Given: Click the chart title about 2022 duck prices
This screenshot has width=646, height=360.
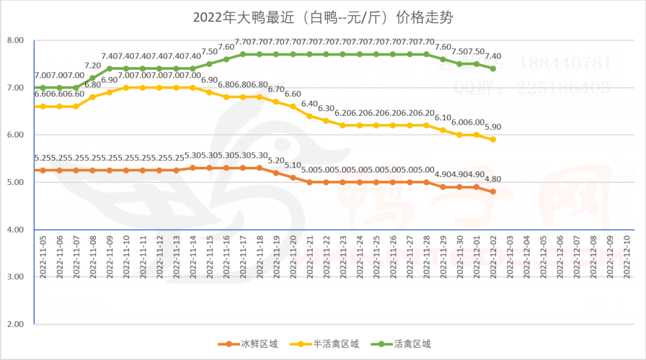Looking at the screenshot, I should (322, 16).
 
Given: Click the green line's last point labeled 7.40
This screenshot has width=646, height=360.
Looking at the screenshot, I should (494, 69).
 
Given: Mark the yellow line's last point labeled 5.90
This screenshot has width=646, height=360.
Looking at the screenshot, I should (494, 139).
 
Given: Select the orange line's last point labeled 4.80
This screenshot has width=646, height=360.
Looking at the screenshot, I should (494, 191).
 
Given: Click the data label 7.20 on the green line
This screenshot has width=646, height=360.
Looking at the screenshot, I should (93, 65).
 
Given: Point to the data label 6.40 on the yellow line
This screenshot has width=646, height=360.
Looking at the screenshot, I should (310, 103).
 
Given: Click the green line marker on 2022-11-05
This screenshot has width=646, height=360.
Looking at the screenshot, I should (43, 87).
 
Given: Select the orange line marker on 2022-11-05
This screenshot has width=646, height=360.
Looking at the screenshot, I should (43, 170).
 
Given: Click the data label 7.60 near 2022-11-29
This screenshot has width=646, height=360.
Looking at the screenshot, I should (443, 47).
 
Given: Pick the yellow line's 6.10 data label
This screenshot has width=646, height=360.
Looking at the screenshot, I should (443, 118).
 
